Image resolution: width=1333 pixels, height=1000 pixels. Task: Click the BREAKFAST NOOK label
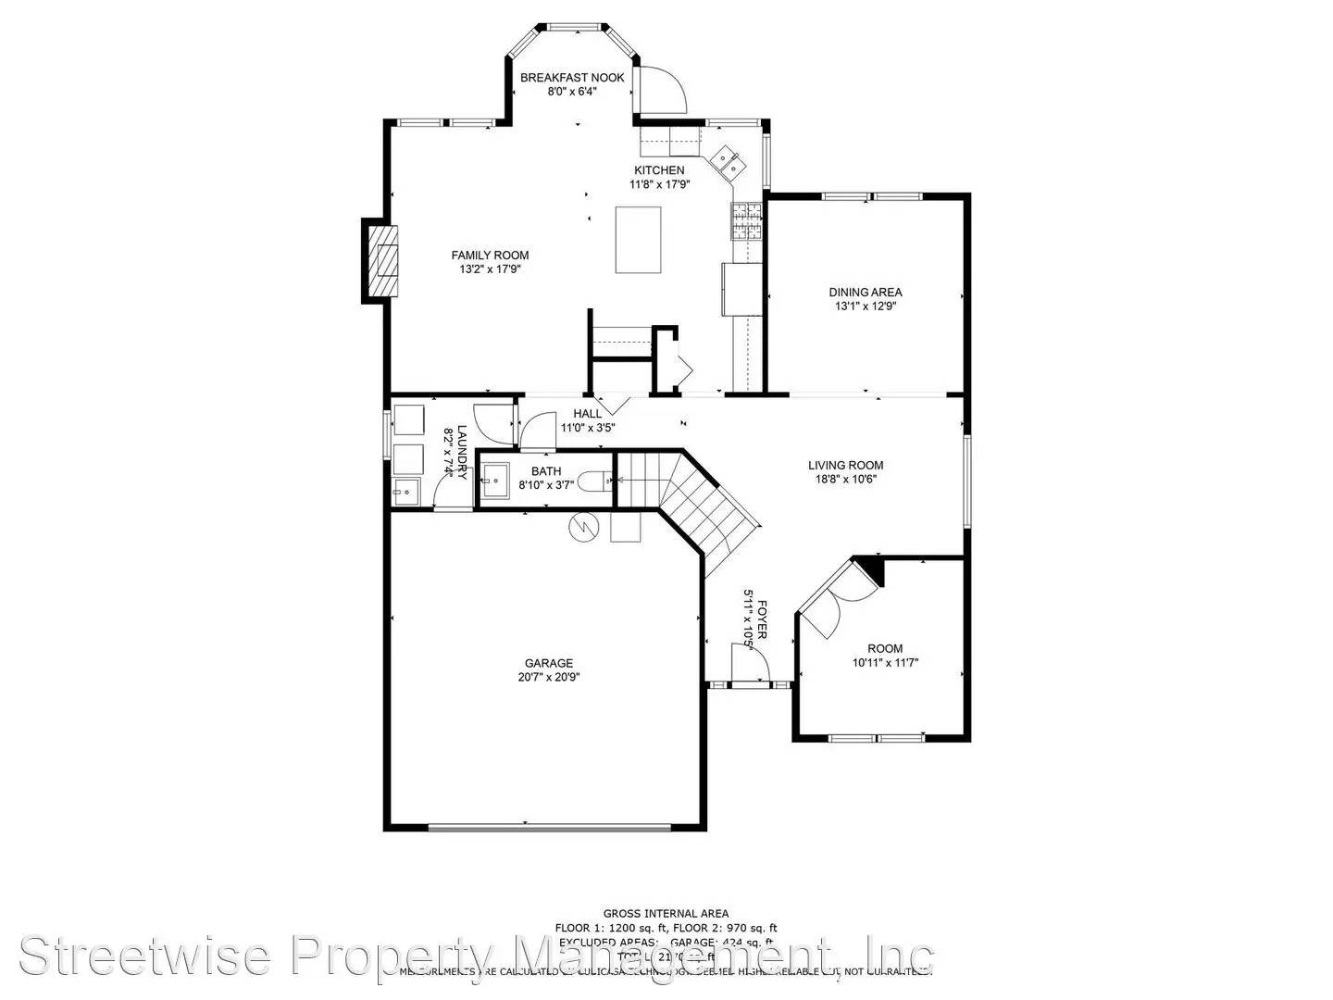(x=572, y=78)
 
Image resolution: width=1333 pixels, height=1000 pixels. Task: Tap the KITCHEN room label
(x=659, y=170)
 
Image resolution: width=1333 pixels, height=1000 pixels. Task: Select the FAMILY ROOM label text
(x=490, y=256)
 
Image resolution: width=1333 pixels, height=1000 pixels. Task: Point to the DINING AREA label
(x=865, y=293)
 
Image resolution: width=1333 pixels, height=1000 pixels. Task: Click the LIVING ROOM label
(x=845, y=466)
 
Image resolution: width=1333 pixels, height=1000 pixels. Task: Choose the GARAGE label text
(x=549, y=663)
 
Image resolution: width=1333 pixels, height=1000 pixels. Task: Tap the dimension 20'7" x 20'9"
(x=549, y=677)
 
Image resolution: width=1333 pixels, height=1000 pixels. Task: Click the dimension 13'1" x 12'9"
(x=865, y=306)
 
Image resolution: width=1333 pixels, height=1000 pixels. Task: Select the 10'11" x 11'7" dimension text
(x=885, y=662)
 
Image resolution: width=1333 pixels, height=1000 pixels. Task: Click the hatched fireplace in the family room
(x=382, y=260)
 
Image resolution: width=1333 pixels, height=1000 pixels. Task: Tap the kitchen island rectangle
(x=639, y=240)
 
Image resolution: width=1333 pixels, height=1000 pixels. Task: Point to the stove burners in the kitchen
(x=745, y=220)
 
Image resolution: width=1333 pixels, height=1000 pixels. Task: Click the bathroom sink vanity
(x=493, y=480)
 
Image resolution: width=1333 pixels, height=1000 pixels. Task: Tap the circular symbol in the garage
(x=584, y=527)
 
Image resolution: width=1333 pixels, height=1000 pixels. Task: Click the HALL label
(x=587, y=414)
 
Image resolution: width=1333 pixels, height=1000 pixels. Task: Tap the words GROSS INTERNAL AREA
(x=666, y=914)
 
